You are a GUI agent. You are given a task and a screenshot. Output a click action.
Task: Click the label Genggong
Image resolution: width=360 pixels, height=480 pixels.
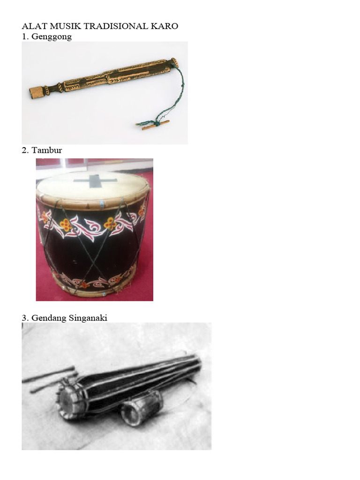[52, 37]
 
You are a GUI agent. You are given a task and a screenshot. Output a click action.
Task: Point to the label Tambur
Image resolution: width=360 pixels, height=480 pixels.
[47, 150]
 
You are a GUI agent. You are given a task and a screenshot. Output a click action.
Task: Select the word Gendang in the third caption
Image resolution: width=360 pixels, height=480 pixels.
[47, 318]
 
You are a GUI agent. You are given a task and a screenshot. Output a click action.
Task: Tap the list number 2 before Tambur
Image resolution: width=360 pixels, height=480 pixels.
[24, 150]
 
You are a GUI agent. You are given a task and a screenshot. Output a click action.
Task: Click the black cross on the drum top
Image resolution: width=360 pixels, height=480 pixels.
[94, 180]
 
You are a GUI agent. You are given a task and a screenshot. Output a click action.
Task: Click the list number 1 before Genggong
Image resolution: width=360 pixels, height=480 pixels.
[24, 37]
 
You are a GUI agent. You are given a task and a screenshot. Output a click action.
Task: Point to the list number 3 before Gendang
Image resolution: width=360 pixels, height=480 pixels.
[24, 318]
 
